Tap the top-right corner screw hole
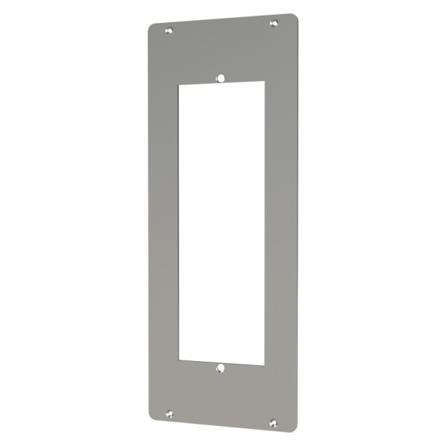click(273, 24)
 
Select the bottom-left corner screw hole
click(170, 413)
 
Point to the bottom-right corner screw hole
click(273, 423)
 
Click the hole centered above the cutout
click(221, 76)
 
